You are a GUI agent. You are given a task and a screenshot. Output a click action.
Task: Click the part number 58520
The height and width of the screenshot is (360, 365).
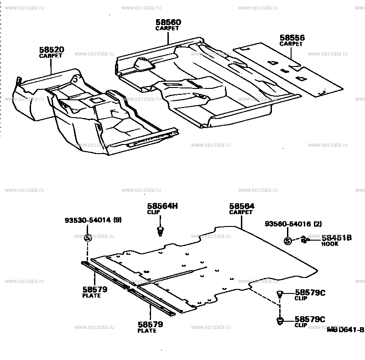[x=51, y=49]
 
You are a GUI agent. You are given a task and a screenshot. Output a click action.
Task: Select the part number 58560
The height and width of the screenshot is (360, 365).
[x=168, y=22]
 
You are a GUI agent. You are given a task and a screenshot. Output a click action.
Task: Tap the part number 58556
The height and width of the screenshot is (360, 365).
[x=292, y=38]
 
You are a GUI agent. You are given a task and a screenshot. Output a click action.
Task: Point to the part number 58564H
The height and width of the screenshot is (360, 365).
[x=162, y=206]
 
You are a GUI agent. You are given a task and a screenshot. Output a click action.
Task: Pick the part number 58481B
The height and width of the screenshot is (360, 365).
[x=336, y=237]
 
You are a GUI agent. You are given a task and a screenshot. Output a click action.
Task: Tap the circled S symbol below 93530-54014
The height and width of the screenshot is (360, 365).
[x=89, y=237]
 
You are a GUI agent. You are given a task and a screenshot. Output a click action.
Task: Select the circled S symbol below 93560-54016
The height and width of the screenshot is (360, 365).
[x=287, y=241]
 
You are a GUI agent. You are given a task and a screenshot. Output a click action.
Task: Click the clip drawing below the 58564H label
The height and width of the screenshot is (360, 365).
[x=160, y=230]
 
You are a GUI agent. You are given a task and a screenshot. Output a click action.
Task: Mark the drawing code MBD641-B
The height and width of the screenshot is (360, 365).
[x=345, y=329]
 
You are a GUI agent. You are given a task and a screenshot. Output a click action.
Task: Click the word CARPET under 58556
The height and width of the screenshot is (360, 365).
[x=292, y=44]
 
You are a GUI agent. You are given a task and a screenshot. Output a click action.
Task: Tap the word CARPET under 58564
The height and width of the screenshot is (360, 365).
[x=241, y=212]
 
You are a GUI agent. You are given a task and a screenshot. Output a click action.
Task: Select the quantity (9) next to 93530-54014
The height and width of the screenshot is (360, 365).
[x=117, y=221]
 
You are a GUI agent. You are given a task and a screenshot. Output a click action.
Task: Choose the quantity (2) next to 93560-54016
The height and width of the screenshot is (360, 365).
[x=318, y=223]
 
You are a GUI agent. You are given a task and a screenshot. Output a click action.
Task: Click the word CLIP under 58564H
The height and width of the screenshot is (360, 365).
[x=153, y=212]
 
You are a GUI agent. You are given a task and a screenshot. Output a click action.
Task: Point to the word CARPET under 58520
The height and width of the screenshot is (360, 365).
[x=51, y=56]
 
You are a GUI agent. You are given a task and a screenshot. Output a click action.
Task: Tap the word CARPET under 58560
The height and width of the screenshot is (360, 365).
[x=167, y=28]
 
